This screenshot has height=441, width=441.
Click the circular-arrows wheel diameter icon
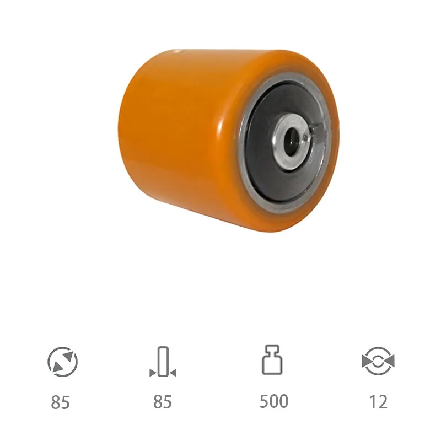tap(62, 362)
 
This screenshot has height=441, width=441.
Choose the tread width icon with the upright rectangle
tap(163, 362)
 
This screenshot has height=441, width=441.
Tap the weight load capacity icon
tap(272, 360)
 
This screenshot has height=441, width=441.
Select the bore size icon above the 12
tap(378, 361)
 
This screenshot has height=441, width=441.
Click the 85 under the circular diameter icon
tap(60, 402)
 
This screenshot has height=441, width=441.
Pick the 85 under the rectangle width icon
tap(163, 402)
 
